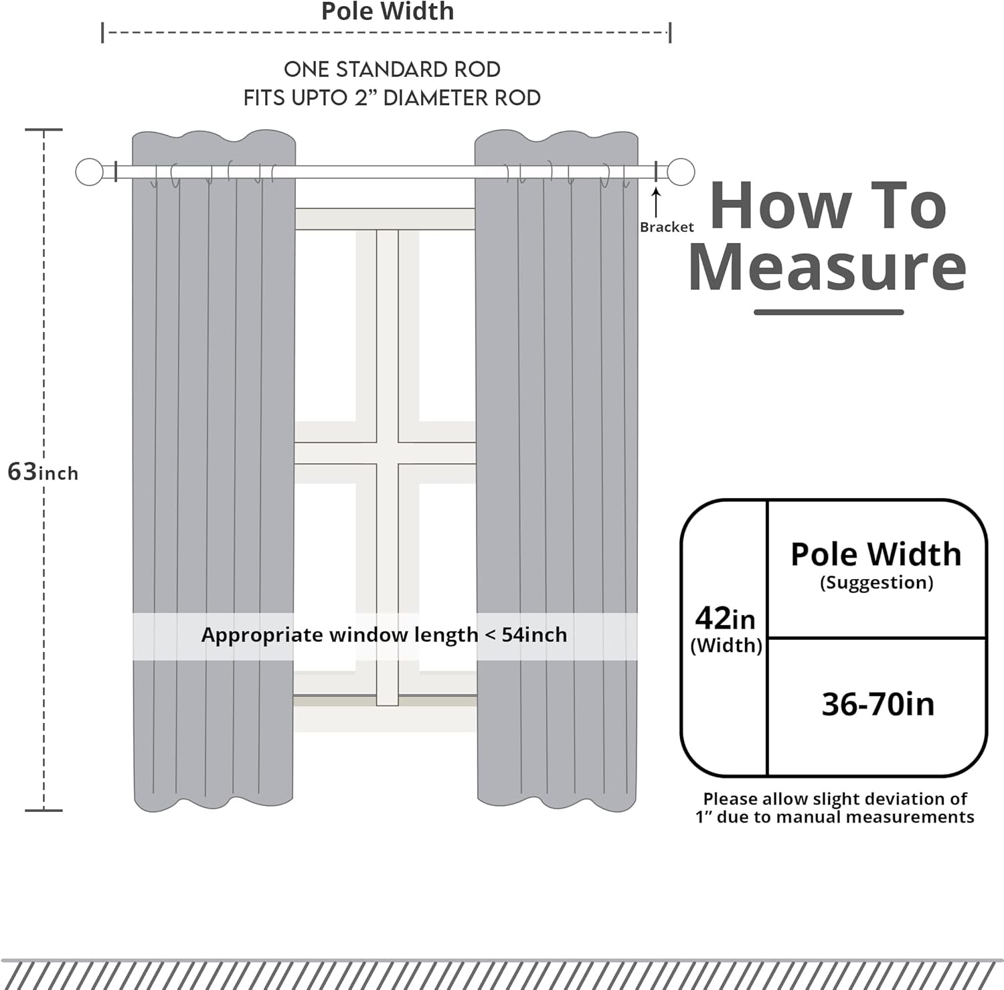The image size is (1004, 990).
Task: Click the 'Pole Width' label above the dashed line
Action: point(388,11)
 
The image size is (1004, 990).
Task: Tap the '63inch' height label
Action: point(43,472)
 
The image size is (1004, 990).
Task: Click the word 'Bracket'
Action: point(667,227)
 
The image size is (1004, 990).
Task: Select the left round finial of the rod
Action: point(89,172)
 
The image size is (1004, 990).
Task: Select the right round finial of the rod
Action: point(681,172)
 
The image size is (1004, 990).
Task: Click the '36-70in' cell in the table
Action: point(877,705)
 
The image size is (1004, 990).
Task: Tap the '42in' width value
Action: point(725,618)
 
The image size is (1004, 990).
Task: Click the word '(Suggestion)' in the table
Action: point(876,582)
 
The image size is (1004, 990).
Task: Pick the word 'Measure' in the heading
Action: point(827,267)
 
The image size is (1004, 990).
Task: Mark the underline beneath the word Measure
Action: point(829,312)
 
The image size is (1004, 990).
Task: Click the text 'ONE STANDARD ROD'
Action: point(392,69)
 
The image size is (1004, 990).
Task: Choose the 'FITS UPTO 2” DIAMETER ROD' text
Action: point(392,98)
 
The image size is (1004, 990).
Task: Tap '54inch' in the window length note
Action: point(534,635)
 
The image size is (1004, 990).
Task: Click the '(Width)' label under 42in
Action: point(726,645)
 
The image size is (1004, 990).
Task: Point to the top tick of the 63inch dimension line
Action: point(44,130)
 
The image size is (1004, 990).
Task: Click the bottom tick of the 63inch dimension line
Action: point(44,811)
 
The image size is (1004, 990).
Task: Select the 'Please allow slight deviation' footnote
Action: point(835,808)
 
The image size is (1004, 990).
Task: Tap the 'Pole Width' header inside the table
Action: point(876,554)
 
